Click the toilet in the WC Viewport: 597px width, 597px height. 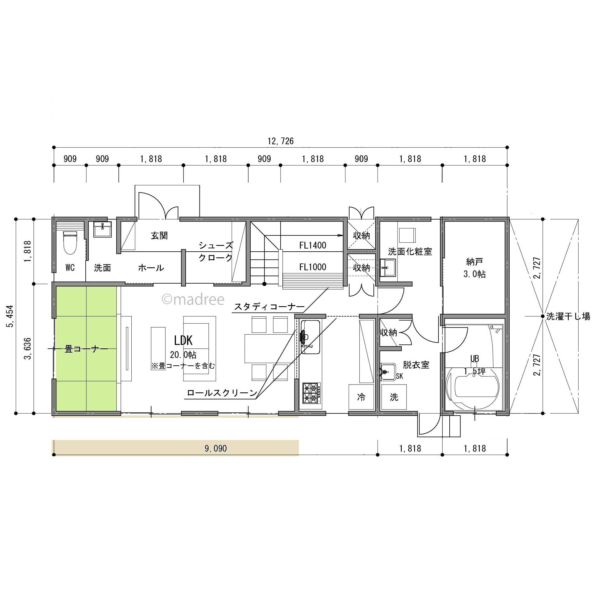coord(70,243)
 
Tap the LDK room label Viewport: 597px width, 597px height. coord(183,341)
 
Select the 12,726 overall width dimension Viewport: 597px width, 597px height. coord(281,141)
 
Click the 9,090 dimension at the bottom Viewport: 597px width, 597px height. coord(216,448)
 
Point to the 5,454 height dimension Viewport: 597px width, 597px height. coord(10,316)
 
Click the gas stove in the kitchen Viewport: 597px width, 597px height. coord(311,393)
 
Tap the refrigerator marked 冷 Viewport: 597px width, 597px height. coord(361,397)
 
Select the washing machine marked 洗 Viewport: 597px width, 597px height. coord(394,397)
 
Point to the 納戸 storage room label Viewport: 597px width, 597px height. coord(474,262)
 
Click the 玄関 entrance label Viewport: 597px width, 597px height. coord(159,236)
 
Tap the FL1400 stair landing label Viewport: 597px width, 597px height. coord(313,245)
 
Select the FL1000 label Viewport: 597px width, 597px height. coord(313,267)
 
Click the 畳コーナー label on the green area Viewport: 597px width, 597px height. coord(86,349)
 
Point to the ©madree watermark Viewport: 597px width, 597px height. coord(193,300)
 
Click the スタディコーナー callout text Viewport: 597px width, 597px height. coord(269,307)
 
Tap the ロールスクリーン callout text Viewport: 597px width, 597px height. coord(222,393)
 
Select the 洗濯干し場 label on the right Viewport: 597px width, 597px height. coord(568,316)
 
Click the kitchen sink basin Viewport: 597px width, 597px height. coord(310,337)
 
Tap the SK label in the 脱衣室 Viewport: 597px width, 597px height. coord(400,376)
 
